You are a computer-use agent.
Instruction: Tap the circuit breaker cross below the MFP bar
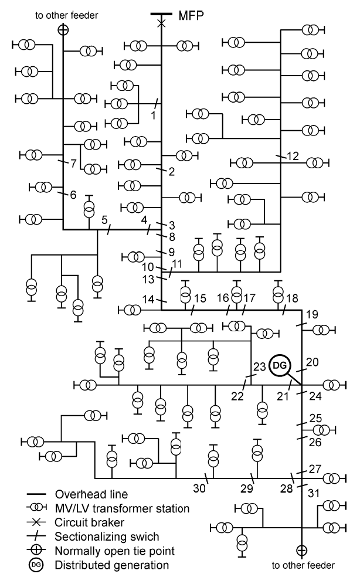[162, 22]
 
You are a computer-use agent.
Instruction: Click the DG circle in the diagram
[280, 366]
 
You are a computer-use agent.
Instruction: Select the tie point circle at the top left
[63, 29]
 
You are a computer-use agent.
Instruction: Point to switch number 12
[293, 156]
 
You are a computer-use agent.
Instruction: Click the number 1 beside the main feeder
[153, 114]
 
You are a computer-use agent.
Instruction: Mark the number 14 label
[149, 299]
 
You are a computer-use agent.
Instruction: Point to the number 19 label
[312, 315]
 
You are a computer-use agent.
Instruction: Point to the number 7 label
[74, 164]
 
